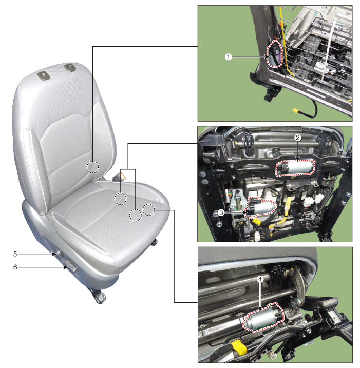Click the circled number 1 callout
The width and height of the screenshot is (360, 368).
(x=228, y=57)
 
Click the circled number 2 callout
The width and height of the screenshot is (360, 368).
(x=297, y=138)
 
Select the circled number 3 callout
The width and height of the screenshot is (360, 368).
(x=221, y=212)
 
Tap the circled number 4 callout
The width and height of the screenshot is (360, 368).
(x=260, y=279)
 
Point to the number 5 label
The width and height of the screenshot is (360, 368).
(x=15, y=254)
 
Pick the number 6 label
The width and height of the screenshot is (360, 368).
(x=15, y=267)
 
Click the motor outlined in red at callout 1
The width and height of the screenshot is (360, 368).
(x=274, y=54)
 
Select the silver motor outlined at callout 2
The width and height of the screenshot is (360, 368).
(x=295, y=167)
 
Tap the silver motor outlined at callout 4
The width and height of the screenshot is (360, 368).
(x=263, y=317)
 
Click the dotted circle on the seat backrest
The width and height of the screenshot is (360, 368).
(x=92, y=167)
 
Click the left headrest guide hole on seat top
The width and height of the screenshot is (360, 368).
(x=44, y=76)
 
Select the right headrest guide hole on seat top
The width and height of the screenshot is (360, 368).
(x=70, y=68)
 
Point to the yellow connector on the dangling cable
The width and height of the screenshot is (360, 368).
(x=295, y=110)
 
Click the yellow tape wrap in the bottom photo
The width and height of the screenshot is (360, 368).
(x=239, y=347)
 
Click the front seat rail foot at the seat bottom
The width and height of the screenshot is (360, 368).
(x=98, y=296)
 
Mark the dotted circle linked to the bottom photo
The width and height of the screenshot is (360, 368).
(x=149, y=209)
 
